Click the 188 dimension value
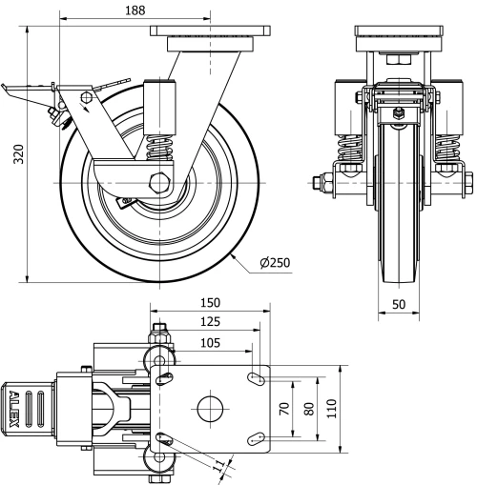(136, 10)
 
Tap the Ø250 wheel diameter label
(274, 263)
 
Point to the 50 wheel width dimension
(399, 304)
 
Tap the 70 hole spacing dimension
(284, 411)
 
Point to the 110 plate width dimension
(331, 411)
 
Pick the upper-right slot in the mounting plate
(255, 380)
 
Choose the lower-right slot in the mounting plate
(255, 438)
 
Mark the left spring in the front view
(351, 151)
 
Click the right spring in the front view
(446, 151)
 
